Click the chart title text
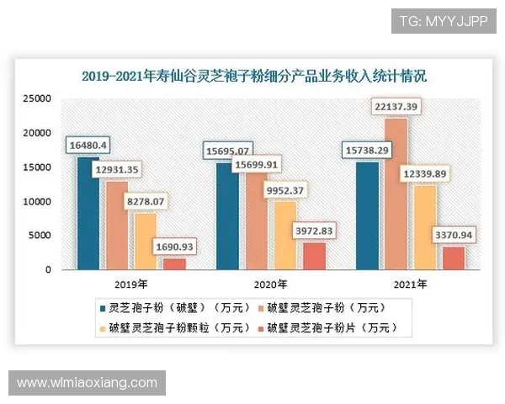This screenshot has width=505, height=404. click(x=253, y=77)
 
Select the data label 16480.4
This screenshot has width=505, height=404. click(x=88, y=145)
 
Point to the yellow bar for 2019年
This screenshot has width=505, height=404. click(x=146, y=242)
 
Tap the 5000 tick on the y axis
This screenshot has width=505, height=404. click(x=41, y=236)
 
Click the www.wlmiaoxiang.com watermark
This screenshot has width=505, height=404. click(x=87, y=383)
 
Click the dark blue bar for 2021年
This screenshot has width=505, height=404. click(x=367, y=217)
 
